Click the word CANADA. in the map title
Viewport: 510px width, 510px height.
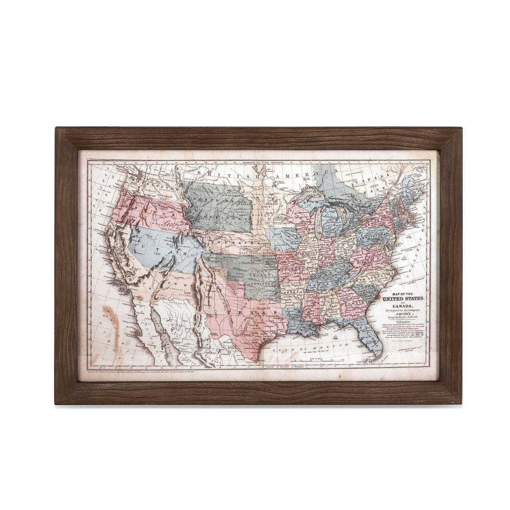click(400, 307)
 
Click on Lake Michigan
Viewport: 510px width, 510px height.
click(318, 221)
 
